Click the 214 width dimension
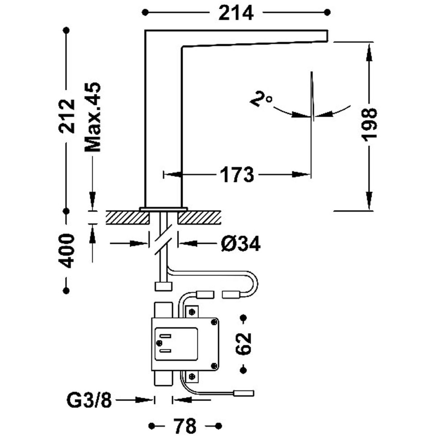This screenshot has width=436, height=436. (x=236, y=13)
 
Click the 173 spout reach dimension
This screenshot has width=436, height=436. (x=237, y=175)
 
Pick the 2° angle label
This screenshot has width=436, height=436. (x=261, y=99)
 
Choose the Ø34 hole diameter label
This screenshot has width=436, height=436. (x=241, y=243)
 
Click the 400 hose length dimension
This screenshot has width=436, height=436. (x=67, y=251)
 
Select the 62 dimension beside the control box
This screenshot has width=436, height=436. (x=243, y=343)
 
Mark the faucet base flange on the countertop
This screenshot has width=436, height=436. (x=163, y=209)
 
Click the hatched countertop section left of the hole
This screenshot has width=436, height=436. (x=128, y=217)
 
